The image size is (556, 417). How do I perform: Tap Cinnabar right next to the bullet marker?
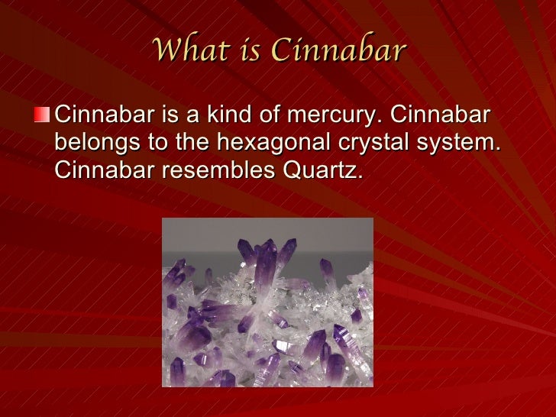(104, 116)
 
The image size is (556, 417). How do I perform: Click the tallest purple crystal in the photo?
(267, 263)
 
